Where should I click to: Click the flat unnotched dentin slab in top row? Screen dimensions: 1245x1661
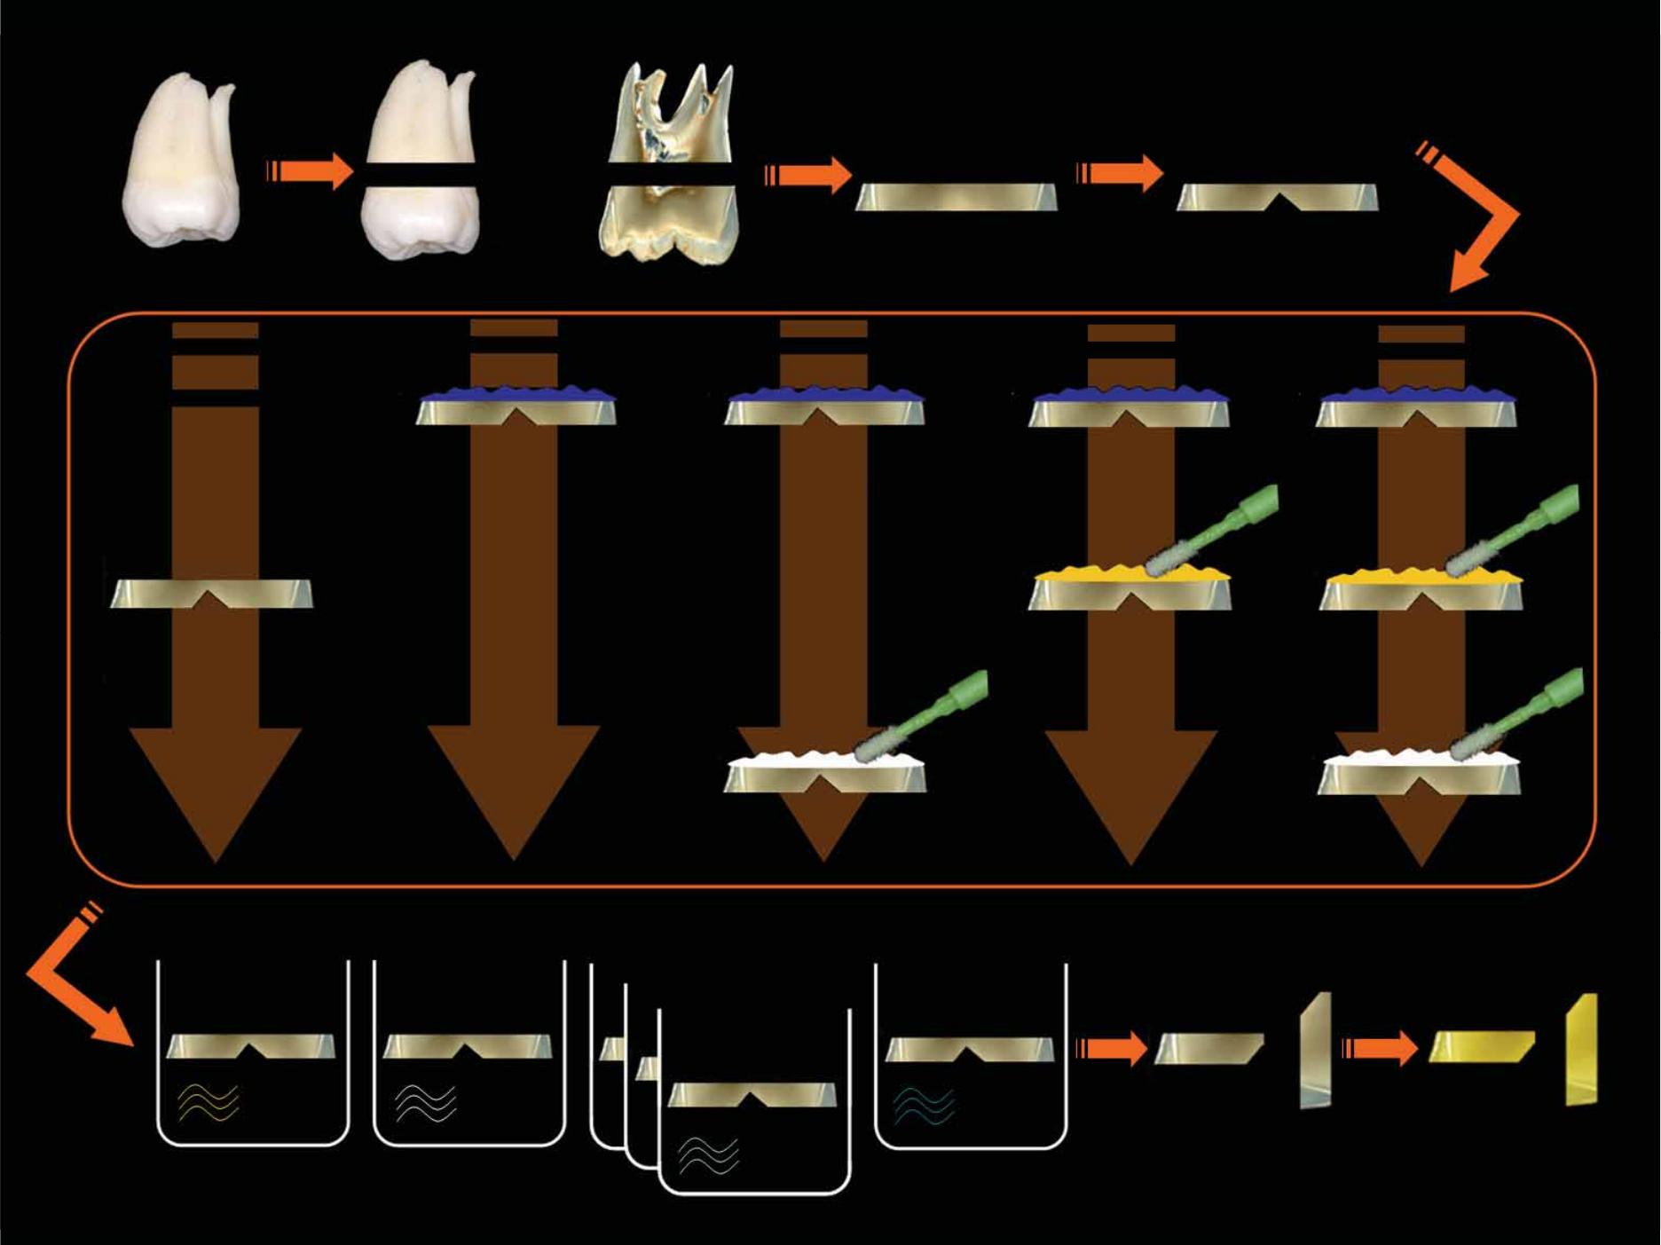956,197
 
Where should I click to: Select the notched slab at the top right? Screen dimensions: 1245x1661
1277,197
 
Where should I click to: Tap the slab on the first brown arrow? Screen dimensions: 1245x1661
211,594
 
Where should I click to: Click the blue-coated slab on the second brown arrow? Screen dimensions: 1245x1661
516,406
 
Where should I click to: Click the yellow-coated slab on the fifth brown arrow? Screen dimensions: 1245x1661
1421,590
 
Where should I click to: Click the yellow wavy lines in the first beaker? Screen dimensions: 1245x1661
209,1103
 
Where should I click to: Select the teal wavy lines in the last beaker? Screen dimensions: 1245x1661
925,1106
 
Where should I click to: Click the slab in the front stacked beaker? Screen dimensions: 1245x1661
752,1095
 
